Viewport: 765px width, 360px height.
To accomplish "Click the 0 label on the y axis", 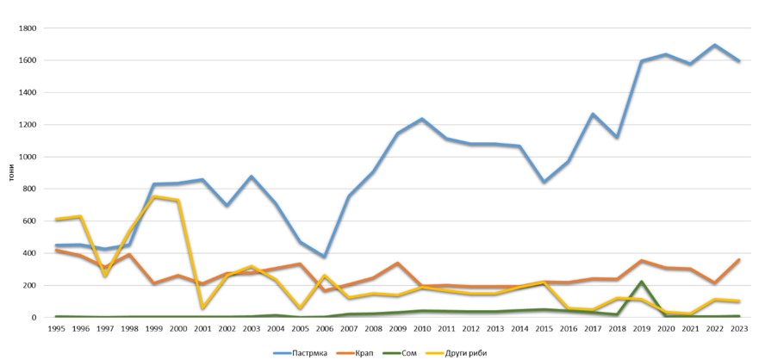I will click(34, 318).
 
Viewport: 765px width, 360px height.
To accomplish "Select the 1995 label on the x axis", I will click(55, 330).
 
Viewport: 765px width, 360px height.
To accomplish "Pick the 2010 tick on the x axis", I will click(422, 330).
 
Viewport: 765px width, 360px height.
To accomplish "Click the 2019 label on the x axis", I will click(642, 330).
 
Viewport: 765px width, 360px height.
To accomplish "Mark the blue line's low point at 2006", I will click(323, 257).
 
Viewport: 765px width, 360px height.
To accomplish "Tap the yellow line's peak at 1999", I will click(155, 196).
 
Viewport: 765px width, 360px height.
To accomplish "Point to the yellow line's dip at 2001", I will click(202, 307).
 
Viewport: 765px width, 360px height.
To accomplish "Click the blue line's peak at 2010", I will click(422, 119).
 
